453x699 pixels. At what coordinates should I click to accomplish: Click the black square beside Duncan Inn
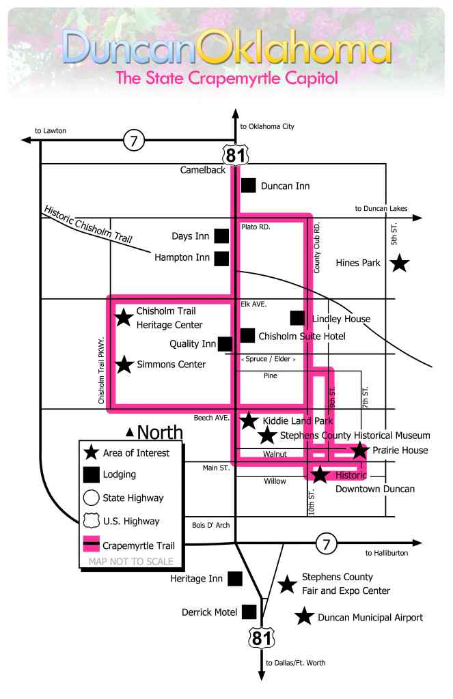[249, 185]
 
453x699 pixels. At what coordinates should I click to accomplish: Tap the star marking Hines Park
[399, 263]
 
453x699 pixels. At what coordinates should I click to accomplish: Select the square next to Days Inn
[221, 236]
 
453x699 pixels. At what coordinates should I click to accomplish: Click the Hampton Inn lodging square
[221, 258]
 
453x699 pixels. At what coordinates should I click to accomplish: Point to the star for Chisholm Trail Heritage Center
[124, 317]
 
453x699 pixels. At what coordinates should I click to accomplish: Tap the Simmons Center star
[124, 365]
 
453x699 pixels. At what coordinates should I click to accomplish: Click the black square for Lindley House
[297, 318]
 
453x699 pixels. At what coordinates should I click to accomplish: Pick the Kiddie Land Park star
[249, 420]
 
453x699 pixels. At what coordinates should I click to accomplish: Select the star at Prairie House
[359, 450]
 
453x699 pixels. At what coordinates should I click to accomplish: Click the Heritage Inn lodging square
[235, 579]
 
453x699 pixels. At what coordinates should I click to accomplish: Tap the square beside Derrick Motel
[249, 612]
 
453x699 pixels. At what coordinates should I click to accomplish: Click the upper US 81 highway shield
[235, 154]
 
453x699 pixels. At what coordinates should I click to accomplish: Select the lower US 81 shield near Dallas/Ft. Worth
[261, 638]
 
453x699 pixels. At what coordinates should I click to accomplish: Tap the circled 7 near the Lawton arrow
[134, 141]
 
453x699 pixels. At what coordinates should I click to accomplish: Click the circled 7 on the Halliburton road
[326, 545]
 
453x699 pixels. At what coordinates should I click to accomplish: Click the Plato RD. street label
[256, 227]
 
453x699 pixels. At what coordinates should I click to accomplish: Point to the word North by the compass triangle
[160, 432]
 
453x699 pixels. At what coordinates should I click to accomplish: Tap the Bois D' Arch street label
[211, 525]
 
